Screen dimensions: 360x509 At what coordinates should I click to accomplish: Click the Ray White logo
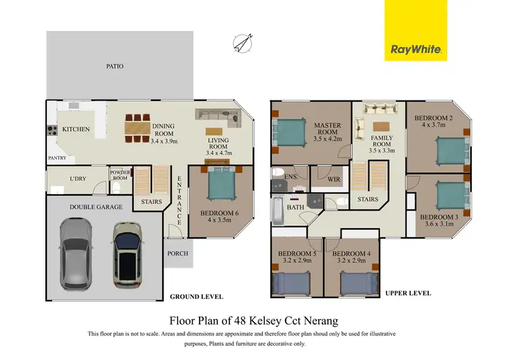pos(415,49)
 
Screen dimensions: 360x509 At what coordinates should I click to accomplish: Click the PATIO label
pos(114,67)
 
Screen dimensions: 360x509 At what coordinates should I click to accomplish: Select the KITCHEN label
pos(76,129)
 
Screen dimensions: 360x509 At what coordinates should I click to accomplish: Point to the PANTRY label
pos(56,158)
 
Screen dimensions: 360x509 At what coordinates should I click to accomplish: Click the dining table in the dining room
pos(138,127)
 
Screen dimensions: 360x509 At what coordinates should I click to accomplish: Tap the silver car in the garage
pos(74,253)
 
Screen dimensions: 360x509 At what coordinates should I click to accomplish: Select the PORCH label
pos(178,253)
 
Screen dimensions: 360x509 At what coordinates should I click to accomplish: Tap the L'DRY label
pos(78,179)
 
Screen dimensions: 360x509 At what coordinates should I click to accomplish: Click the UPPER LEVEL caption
pos(408,293)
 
